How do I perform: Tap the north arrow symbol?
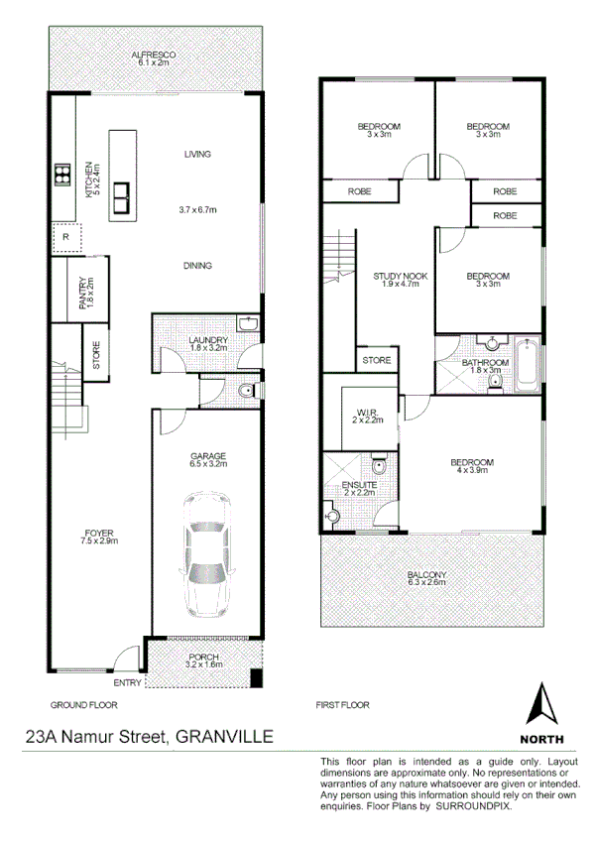coord(541,706)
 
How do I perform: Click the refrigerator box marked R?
coord(65,239)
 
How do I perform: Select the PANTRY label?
coord(83,295)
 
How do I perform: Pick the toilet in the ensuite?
coord(378,466)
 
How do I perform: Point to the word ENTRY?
coord(127,682)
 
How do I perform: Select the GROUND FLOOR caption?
coord(83,705)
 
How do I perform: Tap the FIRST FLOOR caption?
coord(342,705)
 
